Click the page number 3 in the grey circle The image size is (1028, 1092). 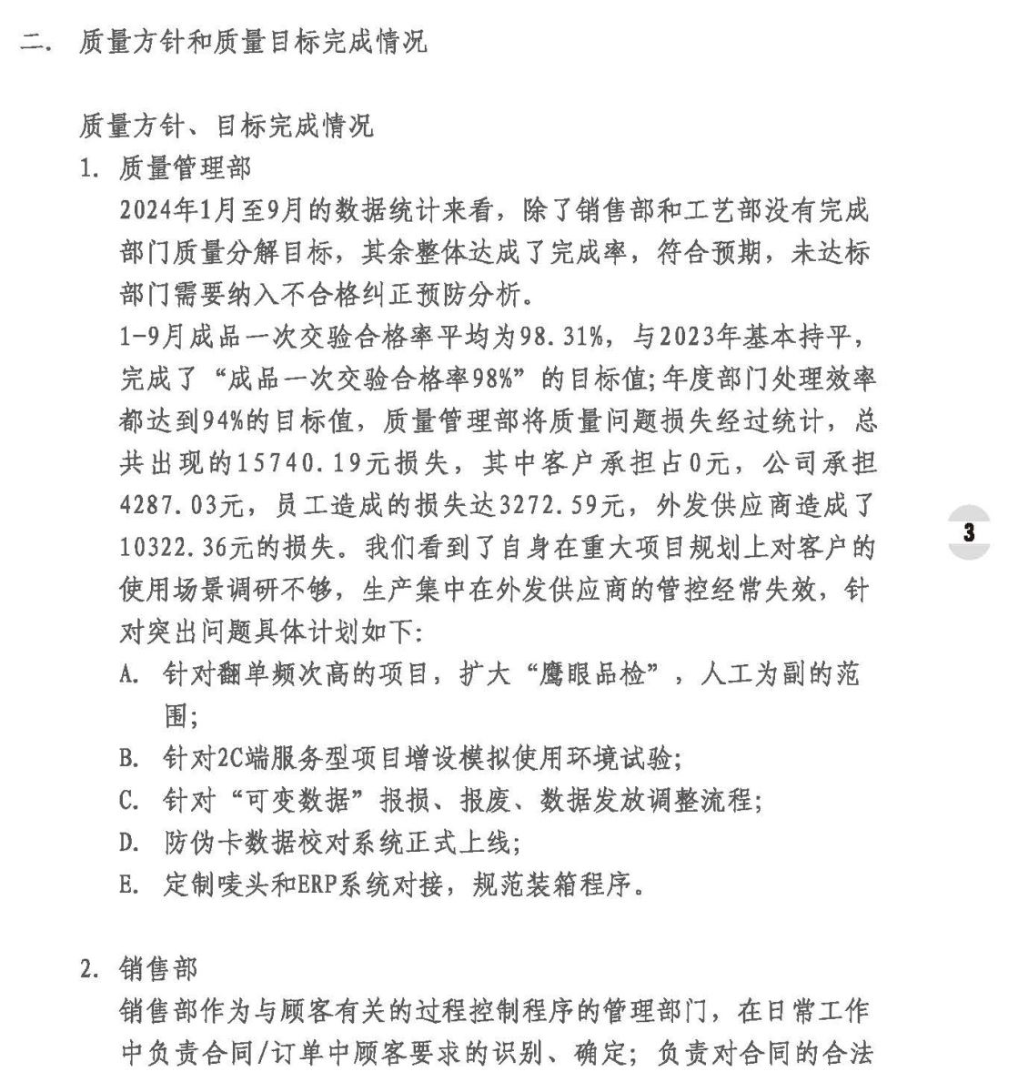tap(969, 532)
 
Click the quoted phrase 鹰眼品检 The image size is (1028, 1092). tap(589, 674)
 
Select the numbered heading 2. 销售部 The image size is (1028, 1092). tap(138, 969)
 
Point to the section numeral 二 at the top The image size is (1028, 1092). tap(33, 43)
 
